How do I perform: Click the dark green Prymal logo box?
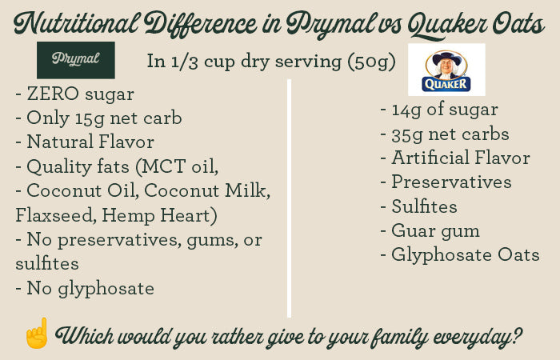click(76, 60)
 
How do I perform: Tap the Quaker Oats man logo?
click(446, 70)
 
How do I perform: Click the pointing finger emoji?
click(37, 334)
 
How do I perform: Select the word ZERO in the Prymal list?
click(53, 94)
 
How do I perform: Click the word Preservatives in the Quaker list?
click(451, 182)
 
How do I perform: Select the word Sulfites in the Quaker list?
click(424, 206)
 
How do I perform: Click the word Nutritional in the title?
click(76, 23)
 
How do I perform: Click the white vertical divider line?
click(289, 198)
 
